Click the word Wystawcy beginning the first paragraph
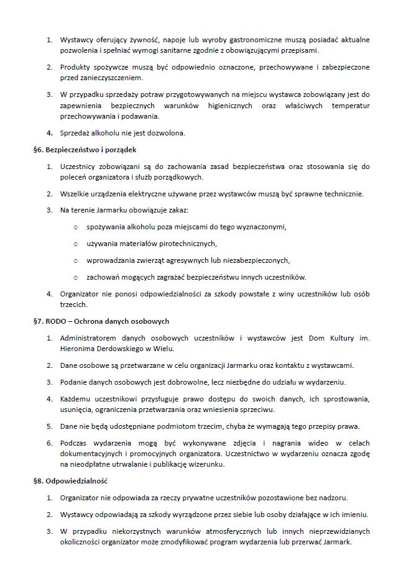pyautogui.click(x=76, y=40)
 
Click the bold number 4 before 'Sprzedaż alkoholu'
pyautogui.click(x=50, y=132)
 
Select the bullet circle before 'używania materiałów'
pyautogui.click(x=75, y=244)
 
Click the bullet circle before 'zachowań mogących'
pyautogui.click(x=75, y=277)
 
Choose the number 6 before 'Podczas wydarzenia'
pyautogui.click(x=50, y=442)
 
